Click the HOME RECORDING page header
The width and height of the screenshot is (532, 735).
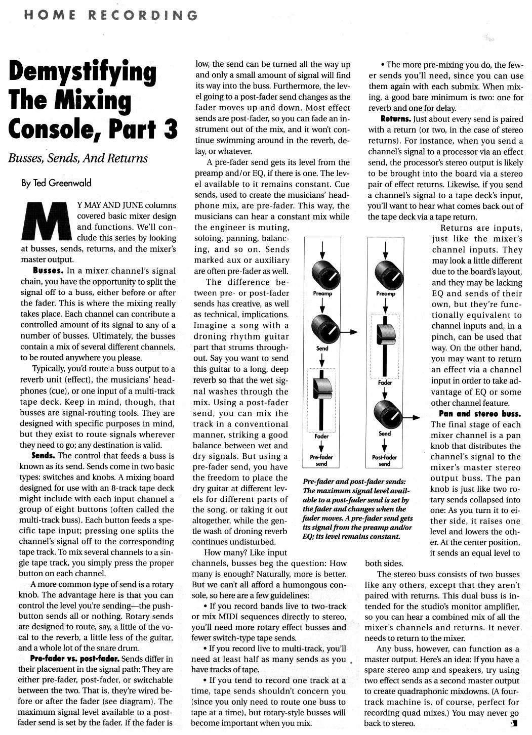point(109,15)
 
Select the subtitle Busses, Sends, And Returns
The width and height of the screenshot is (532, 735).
point(77,158)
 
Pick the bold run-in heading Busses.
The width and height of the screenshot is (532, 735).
point(48,271)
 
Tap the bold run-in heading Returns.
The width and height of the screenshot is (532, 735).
point(396,119)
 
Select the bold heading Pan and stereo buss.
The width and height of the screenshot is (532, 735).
point(479,413)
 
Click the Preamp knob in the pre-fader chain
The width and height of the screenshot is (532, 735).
point(322,274)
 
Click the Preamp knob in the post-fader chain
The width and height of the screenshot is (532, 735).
point(385,274)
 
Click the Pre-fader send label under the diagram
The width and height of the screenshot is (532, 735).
point(321,460)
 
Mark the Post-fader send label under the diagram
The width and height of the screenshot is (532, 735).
point(385,460)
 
